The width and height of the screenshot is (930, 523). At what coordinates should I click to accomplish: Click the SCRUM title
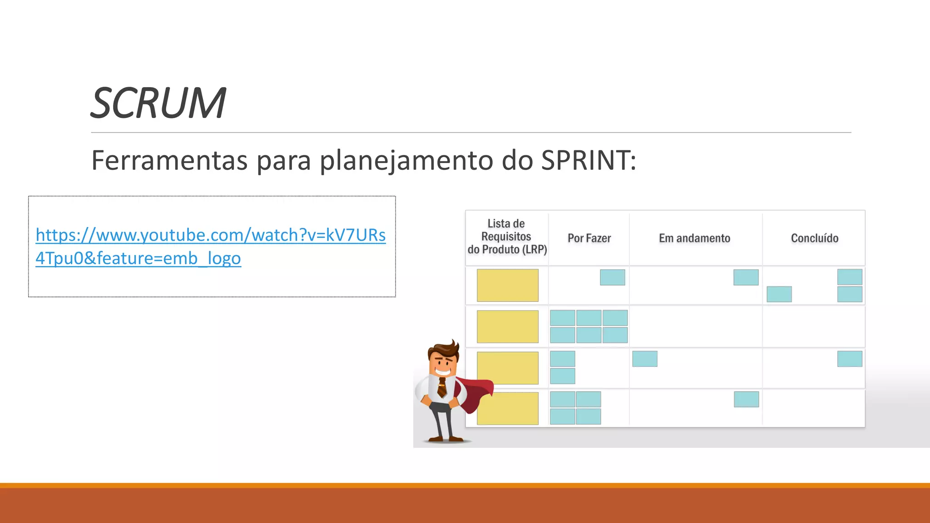tap(158, 104)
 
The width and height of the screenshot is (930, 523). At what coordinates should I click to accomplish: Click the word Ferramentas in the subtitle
tap(169, 160)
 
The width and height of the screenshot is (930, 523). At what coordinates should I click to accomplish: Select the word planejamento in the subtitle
tap(406, 161)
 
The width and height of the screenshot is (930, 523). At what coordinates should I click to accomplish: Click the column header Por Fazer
tap(589, 238)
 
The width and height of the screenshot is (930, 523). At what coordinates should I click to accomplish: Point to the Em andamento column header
tap(694, 238)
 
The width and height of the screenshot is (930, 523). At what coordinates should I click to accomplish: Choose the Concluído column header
tap(814, 238)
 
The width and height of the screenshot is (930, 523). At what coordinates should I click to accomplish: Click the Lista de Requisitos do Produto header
tap(507, 237)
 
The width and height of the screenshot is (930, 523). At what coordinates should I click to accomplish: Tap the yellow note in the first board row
tap(507, 285)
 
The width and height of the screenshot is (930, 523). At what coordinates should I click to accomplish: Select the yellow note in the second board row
tap(507, 326)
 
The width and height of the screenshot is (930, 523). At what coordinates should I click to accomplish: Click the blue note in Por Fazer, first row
tap(612, 277)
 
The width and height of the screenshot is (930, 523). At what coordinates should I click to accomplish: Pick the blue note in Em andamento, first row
tap(746, 277)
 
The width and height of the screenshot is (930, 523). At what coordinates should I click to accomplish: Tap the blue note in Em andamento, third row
tap(644, 359)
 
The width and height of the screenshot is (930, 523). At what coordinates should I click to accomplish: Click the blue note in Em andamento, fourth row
tap(746, 400)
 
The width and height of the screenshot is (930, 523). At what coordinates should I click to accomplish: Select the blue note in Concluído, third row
tap(850, 359)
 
